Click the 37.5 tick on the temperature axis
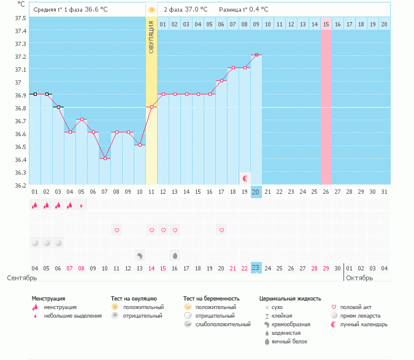click(20, 17)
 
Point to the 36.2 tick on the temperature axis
click(20, 185)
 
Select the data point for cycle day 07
click(105, 159)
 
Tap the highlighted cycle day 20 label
click(256, 191)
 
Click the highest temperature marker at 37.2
click(256, 55)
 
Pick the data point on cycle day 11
click(151, 107)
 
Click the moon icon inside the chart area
click(245, 178)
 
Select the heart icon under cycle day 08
click(117, 230)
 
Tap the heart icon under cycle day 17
click(221, 230)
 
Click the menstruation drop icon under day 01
click(35, 205)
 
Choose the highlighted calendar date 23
click(256, 268)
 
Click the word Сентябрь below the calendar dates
click(18, 278)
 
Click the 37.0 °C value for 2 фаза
click(196, 10)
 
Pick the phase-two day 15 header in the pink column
click(326, 24)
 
